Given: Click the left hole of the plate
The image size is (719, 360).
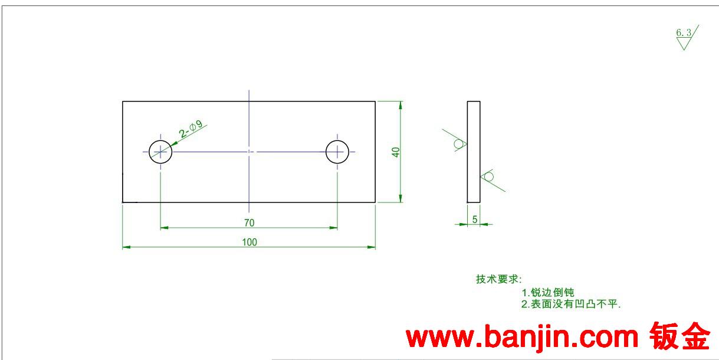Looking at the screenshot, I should click(x=160, y=152).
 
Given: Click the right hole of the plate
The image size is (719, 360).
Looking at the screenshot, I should click(x=337, y=152).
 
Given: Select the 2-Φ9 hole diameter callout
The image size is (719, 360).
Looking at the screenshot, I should click(x=191, y=129).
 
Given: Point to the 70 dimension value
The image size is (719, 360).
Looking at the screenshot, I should click(x=249, y=222).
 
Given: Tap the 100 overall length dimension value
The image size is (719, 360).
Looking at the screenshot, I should click(x=249, y=242).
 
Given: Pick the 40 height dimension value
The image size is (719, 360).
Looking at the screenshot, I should click(x=396, y=152).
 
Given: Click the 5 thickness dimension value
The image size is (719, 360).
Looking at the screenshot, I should click(x=474, y=220).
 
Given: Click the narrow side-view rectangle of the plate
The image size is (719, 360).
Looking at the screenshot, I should click(x=474, y=152).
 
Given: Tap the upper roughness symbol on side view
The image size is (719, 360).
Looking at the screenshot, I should click(x=457, y=143).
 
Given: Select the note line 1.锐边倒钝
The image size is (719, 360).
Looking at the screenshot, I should click(x=548, y=292).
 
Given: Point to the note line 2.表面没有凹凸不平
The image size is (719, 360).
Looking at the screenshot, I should click(x=572, y=305).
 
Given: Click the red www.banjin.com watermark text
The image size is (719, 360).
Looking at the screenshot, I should click(x=523, y=338).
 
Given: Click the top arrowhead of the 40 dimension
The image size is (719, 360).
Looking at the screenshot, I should click(x=401, y=105).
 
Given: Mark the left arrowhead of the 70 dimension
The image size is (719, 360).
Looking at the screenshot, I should click(x=164, y=227).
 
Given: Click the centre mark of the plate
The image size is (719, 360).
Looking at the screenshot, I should click(x=249, y=152).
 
